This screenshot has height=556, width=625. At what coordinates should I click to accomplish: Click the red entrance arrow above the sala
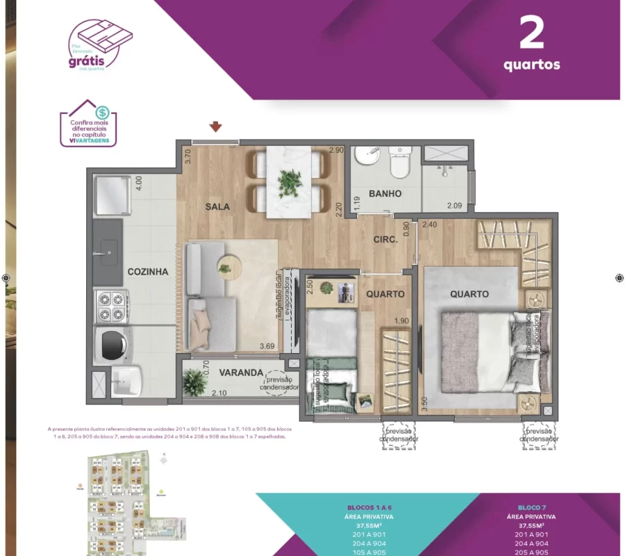[216, 126]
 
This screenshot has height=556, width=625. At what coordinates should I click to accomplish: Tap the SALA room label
[217, 206]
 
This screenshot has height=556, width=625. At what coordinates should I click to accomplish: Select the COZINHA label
[148, 272]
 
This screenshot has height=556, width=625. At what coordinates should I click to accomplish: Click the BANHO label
[385, 193]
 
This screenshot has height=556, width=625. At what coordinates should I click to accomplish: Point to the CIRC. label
[385, 239]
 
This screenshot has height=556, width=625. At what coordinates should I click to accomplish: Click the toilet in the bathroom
[399, 163]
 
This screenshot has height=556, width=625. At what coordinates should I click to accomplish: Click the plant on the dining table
[290, 182]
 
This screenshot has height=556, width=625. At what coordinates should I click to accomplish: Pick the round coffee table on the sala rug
[227, 267]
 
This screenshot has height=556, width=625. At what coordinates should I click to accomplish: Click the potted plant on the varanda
[195, 382]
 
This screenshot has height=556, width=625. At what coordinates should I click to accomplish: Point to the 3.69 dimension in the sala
[267, 346]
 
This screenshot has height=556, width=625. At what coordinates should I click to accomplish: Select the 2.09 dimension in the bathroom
[455, 205]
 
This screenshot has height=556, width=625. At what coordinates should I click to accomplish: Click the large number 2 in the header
[532, 34]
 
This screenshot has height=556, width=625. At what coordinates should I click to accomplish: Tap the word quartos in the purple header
[532, 65]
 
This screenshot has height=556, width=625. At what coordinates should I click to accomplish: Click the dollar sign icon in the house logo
[102, 111]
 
